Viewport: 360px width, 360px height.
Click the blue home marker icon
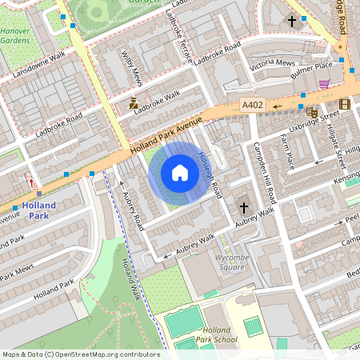point(180,173)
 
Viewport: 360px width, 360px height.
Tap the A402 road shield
point(252,105)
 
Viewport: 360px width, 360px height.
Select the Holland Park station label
point(38,210)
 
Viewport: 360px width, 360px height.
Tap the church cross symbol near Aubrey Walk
point(243,208)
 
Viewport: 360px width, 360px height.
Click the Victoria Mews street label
point(274,64)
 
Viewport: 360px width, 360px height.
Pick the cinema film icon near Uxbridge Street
point(344,104)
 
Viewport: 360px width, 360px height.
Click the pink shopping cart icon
point(324,84)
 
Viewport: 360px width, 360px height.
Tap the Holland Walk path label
point(130,279)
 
